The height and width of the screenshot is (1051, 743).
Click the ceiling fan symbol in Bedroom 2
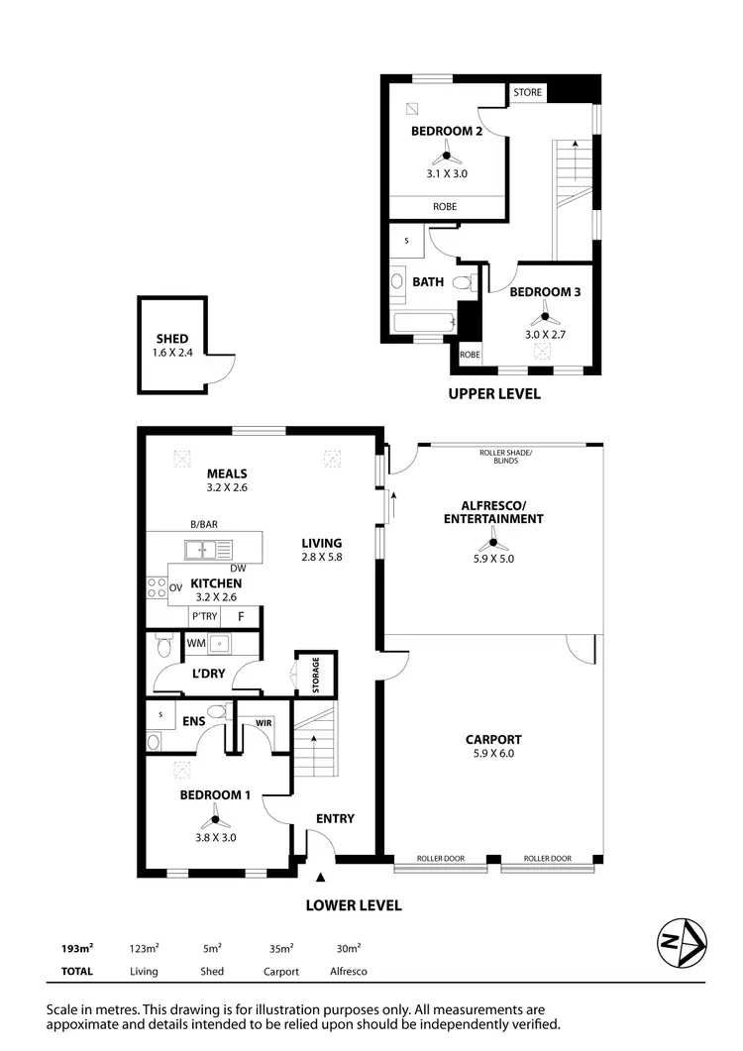point(446,154)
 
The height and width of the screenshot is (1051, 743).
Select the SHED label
point(171,339)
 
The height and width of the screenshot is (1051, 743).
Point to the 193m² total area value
point(77,948)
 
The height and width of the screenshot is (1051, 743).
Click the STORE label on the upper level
point(527,92)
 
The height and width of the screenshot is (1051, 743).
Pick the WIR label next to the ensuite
point(264,722)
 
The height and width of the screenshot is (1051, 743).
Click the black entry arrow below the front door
point(319,877)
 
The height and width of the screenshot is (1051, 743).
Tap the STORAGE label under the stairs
point(316,675)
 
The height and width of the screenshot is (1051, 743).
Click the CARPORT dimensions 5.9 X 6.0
point(493,754)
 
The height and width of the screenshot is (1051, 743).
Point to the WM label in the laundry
point(195,643)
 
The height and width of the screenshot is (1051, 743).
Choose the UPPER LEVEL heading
point(494,393)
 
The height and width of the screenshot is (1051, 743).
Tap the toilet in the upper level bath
point(462,283)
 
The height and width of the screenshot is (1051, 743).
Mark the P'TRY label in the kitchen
point(205,616)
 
